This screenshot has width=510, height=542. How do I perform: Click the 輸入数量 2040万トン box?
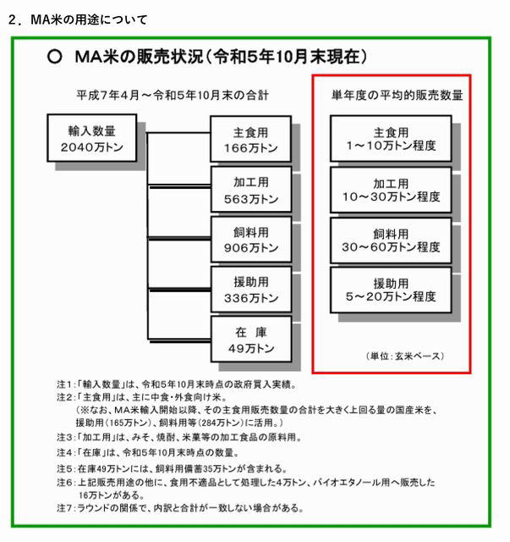point(92,138)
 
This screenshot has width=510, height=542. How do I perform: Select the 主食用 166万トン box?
point(250,139)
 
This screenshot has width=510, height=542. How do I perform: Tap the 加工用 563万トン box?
point(251,190)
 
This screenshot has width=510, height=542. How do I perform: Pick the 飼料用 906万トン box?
point(251,239)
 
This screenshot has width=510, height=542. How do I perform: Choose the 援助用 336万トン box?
point(251,290)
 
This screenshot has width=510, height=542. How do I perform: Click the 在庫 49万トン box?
point(251,339)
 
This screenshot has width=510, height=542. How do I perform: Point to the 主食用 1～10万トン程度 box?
point(391,138)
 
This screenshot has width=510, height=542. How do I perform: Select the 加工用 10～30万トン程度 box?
point(391,190)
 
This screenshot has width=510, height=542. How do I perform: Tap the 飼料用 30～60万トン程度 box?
point(391,241)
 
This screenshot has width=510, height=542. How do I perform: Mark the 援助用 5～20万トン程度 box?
point(391,290)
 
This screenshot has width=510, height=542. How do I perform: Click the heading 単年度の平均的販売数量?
point(397,95)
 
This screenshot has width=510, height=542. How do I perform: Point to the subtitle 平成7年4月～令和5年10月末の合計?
point(173,95)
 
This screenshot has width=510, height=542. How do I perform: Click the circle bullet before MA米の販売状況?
point(55,57)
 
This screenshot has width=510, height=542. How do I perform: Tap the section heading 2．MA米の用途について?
point(78,19)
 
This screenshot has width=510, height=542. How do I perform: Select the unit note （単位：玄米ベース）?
point(404,356)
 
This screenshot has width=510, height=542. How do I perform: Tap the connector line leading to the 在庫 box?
point(179,340)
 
